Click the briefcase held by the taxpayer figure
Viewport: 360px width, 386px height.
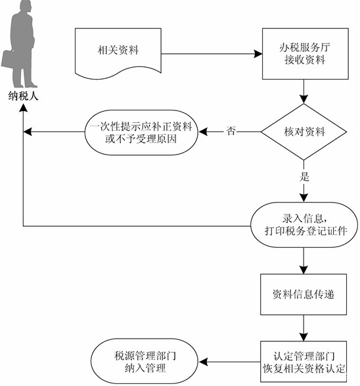point(8,59)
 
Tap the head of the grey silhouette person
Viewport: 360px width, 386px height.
point(26,7)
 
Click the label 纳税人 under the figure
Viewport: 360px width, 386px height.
point(24,96)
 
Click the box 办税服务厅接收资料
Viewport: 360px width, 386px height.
point(305,54)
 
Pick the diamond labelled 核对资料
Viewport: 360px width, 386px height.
point(304,132)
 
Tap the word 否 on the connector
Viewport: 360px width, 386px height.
point(231,131)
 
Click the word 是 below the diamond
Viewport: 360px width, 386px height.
point(304,176)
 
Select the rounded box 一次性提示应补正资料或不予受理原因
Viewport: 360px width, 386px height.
point(141,132)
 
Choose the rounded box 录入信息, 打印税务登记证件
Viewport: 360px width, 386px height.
point(304,225)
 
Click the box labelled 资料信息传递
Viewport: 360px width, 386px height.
point(304,294)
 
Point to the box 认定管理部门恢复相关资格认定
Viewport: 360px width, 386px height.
point(304,362)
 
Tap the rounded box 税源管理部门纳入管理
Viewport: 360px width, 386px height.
point(145,361)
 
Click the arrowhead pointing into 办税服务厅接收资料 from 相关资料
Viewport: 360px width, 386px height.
point(258,54)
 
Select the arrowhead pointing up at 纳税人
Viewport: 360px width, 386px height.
point(24,107)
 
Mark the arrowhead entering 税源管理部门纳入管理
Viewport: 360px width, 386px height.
point(202,362)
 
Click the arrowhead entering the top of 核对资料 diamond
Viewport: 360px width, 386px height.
point(304,99)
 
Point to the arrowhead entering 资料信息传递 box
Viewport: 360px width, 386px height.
point(304,270)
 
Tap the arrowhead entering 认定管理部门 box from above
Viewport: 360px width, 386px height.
point(304,337)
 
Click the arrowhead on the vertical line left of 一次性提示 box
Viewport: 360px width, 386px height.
point(28,132)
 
